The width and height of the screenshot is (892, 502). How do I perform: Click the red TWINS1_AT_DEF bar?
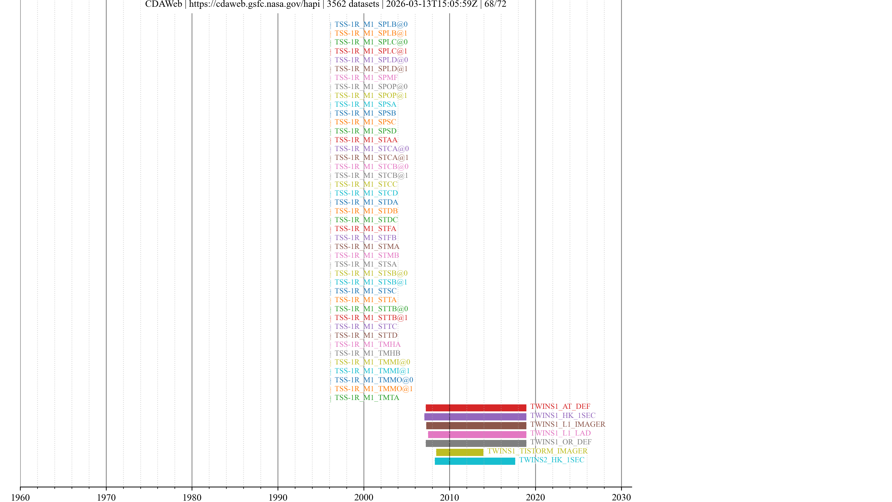(x=476, y=408)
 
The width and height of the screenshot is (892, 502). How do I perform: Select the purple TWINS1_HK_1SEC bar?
(x=475, y=417)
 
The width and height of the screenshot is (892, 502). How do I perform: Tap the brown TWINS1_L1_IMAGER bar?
(x=476, y=426)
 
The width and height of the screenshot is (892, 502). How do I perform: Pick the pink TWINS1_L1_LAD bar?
(x=477, y=434)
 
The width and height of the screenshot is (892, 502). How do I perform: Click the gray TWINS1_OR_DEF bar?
(x=476, y=443)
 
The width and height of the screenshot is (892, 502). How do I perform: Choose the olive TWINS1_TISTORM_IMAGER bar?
(x=459, y=452)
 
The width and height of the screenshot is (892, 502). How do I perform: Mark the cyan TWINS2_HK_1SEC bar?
(x=475, y=461)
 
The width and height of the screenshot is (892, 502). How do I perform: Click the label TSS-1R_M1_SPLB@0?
(x=371, y=24)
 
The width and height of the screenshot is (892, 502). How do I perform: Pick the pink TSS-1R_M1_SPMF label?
(x=366, y=78)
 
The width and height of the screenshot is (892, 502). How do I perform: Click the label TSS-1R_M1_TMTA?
(x=367, y=398)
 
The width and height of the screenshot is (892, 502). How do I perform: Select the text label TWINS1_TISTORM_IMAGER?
(x=538, y=451)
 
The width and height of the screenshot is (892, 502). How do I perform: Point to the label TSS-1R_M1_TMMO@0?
(x=374, y=380)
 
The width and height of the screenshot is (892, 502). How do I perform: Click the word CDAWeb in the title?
(x=164, y=4)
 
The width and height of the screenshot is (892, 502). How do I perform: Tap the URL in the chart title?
(x=254, y=4)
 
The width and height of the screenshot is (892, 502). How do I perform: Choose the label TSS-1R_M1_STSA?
(x=365, y=264)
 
